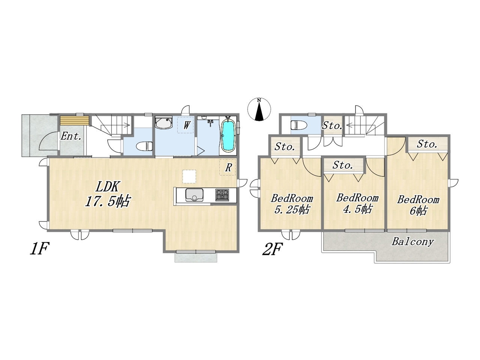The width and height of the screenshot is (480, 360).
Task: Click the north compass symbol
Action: (259, 109)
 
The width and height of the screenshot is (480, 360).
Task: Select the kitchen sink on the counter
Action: (194, 195)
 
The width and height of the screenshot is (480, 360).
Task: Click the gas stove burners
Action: (222, 195)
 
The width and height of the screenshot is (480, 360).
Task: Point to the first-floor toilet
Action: (144, 146)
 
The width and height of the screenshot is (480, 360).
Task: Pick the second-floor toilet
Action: (299, 125)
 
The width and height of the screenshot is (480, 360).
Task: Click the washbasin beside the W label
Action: (164, 123)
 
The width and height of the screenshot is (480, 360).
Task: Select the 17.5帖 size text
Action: (108, 201)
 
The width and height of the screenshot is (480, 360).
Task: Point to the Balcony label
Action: (412, 242)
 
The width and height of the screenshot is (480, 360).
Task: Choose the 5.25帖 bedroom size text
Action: (291, 210)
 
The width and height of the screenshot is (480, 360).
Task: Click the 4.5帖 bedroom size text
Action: (357, 209)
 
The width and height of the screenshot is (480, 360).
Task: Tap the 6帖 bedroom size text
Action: (418, 211)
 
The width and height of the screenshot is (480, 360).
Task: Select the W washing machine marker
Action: (186, 125)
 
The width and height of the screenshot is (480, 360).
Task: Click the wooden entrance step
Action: (75, 120)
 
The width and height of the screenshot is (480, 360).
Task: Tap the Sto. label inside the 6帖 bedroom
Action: (427, 144)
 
